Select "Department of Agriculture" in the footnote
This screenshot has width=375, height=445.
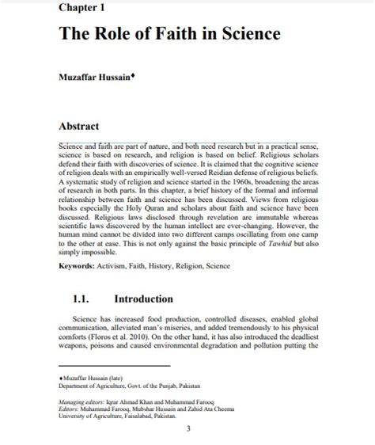tap(97, 386)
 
